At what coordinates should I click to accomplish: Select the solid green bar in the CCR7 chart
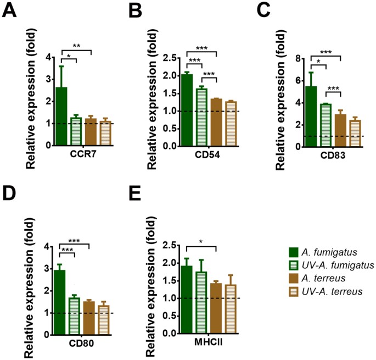[x=61, y=116]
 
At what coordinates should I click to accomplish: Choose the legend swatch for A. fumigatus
[x=294, y=252]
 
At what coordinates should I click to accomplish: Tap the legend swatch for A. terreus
[x=294, y=278]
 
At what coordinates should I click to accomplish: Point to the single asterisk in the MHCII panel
[x=201, y=242]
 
